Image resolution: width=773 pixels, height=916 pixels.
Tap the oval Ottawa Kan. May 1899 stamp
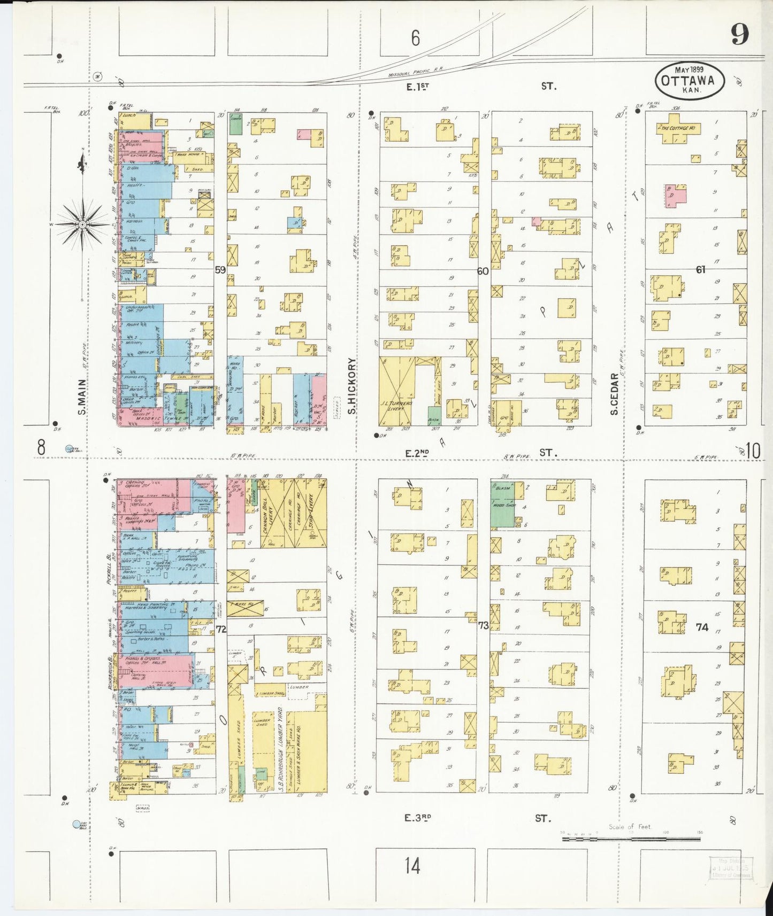pyautogui.click(x=690, y=81)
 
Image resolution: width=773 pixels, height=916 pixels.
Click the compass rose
pyautogui.click(x=82, y=225)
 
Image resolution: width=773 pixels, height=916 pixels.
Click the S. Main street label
pyautogui.click(x=81, y=397)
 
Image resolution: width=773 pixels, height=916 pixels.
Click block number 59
pyautogui.click(x=220, y=270)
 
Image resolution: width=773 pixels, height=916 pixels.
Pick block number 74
pyautogui.click(x=702, y=627)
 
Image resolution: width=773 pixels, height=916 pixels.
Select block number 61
pyautogui.click(x=700, y=269)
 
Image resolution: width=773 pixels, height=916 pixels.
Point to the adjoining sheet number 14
pyautogui.click(x=412, y=865)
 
